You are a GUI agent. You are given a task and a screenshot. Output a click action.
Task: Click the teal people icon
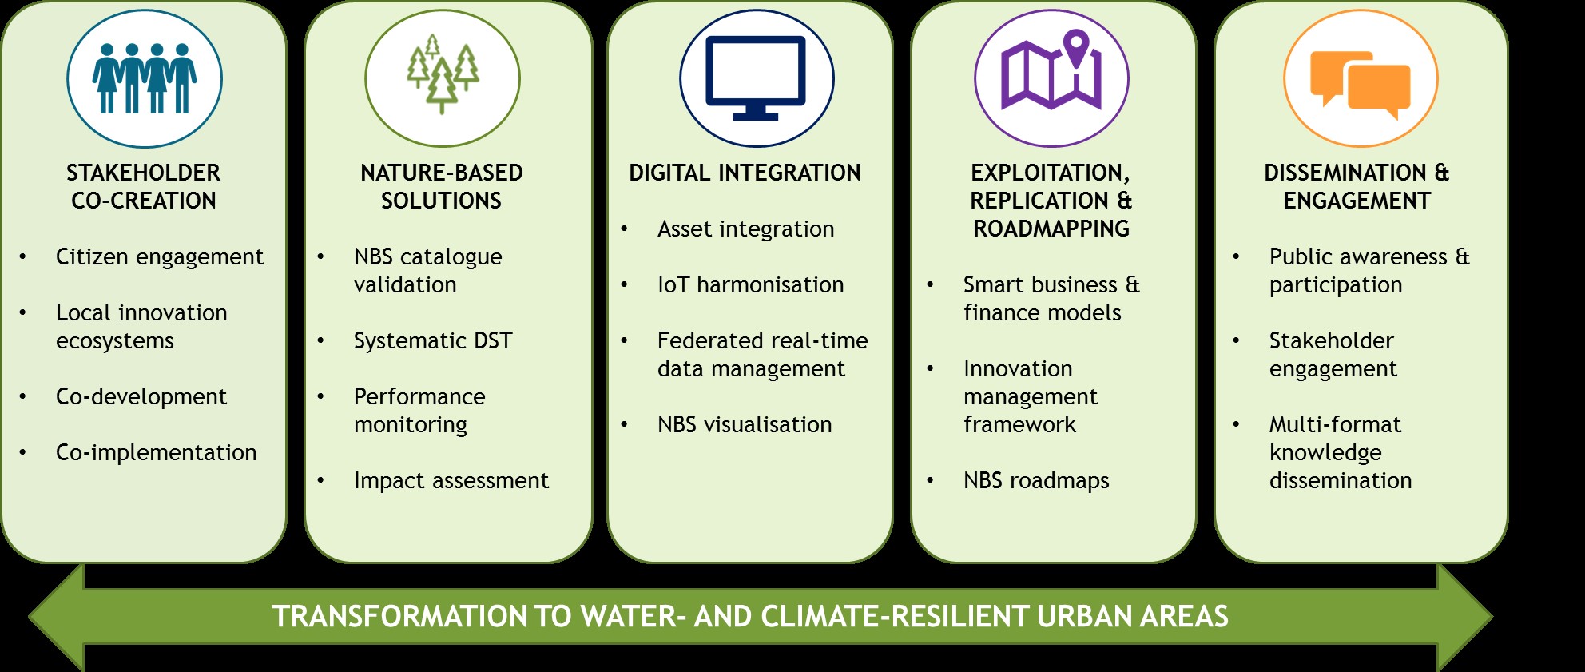click(145, 78)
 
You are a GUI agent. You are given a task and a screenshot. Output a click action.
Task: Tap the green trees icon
click(443, 74)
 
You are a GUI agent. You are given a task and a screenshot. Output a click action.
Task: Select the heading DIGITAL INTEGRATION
click(745, 173)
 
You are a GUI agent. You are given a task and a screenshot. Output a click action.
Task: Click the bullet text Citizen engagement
click(160, 257)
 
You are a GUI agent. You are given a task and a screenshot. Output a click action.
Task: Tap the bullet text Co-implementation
click(157, 453)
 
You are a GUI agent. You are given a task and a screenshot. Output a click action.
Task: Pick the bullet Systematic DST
click(433, 341)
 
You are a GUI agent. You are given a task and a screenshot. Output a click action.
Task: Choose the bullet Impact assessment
click(451, 480)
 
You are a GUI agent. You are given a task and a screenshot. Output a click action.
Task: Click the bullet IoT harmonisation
click(751, 284)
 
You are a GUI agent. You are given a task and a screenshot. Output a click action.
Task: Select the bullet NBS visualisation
click(745, 424)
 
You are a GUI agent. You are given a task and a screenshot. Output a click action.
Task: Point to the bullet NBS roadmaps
click(1036, 480)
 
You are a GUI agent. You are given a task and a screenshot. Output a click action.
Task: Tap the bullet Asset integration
click(746, 229)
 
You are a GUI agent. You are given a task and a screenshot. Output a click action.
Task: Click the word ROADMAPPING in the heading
click(1051, 229)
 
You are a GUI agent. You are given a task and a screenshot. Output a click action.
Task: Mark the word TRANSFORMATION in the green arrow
click(399, 617)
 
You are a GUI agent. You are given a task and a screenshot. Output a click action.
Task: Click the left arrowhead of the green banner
click(56, 617)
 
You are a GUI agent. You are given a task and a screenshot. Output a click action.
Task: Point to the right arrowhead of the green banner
click(1465, 617)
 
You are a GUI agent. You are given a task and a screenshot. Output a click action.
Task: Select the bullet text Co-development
click(141, 397)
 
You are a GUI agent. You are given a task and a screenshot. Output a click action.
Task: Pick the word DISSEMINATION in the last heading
click(1345, 173)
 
